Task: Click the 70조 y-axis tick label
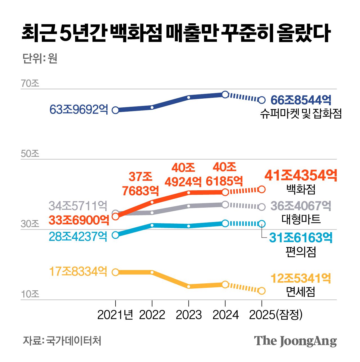30,83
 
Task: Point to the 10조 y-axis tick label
30,294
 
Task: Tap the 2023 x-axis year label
189,315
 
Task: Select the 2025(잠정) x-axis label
276,315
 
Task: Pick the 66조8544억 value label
301,100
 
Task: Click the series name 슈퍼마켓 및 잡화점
301,114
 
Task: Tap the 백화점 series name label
301,189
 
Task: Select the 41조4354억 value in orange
301,176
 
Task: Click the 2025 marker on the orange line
262,189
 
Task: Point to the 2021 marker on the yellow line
116,272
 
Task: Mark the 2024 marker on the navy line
225,94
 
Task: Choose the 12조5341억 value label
301,279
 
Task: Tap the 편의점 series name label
301,252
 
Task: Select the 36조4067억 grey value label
301,206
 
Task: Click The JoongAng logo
295,341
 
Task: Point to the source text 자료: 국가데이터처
62,341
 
